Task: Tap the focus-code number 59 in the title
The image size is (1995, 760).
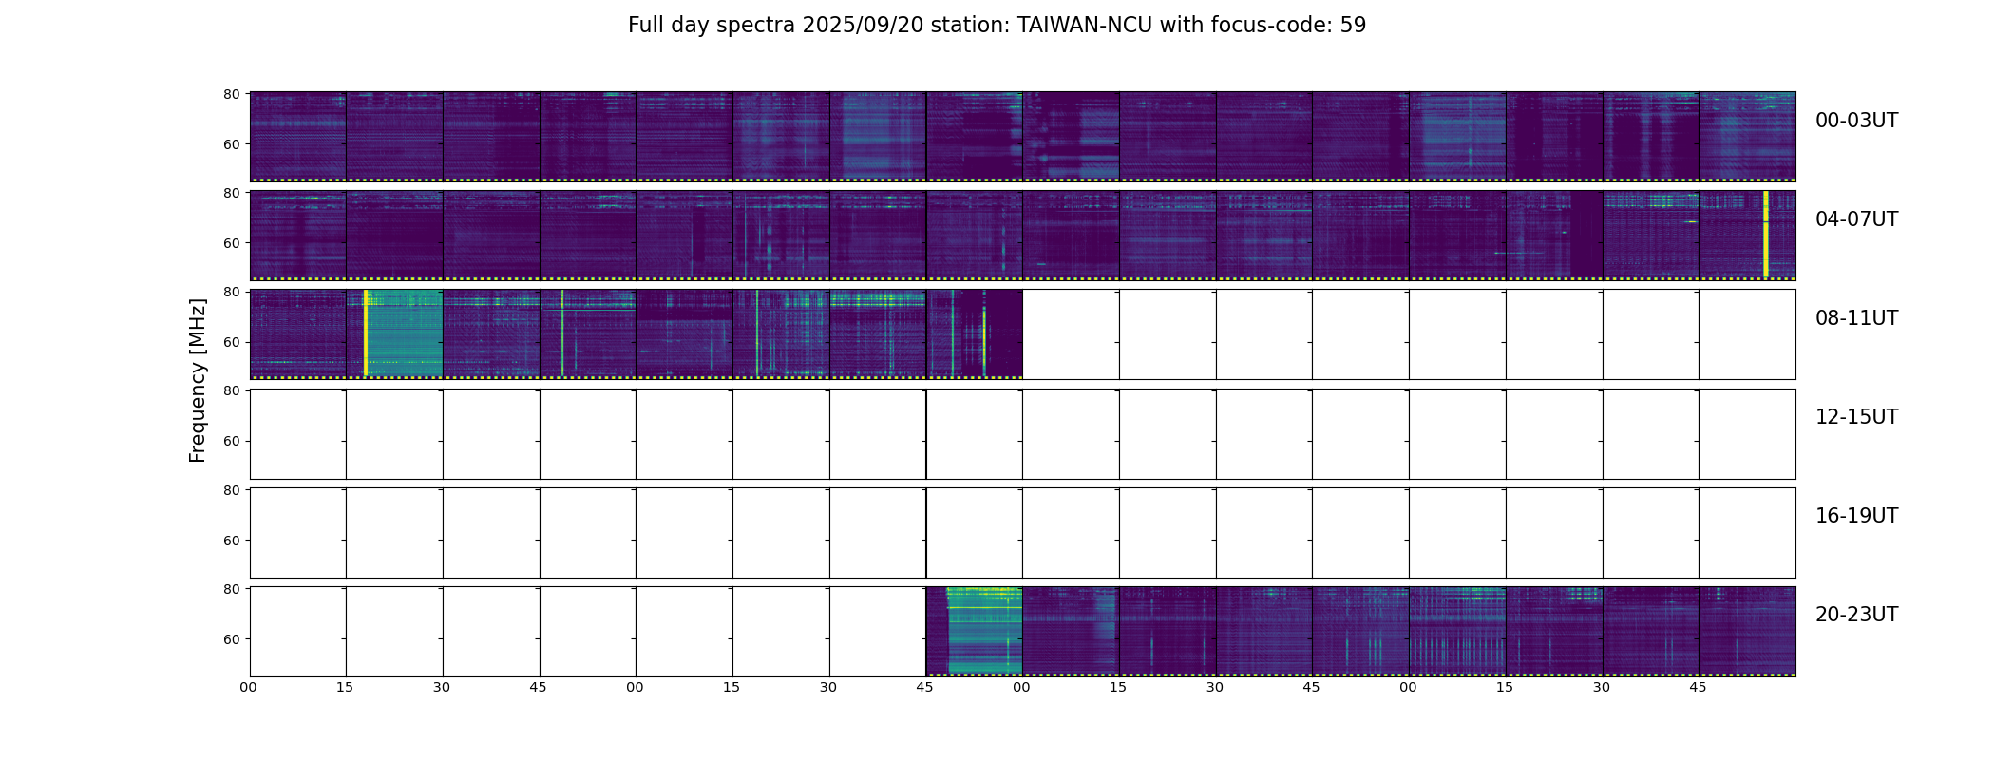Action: click(1354, 26)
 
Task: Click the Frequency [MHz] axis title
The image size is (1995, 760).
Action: click(198, 380)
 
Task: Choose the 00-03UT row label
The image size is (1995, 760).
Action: click(1856, 121)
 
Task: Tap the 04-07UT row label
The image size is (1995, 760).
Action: click(1856, 219)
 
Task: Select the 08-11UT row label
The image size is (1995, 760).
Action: click(1856, 318)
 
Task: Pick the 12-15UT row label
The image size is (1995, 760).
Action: click(1856, 417)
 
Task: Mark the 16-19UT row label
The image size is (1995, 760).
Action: click(1856, 516)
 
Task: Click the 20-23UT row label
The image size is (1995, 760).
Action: click(1856, 615)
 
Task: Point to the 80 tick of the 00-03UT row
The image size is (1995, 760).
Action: click(231, 94)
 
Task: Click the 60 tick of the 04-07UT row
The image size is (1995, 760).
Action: click(231, 243)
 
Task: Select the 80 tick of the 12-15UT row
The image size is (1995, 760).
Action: click(231, 390)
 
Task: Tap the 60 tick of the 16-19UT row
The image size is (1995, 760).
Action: click(231, 541)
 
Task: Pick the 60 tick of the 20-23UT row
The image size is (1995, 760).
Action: click(231, 639)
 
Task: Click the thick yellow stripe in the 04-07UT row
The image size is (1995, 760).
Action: click(1765, 234)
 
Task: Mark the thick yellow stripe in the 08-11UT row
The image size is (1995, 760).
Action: click(365, 332)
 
